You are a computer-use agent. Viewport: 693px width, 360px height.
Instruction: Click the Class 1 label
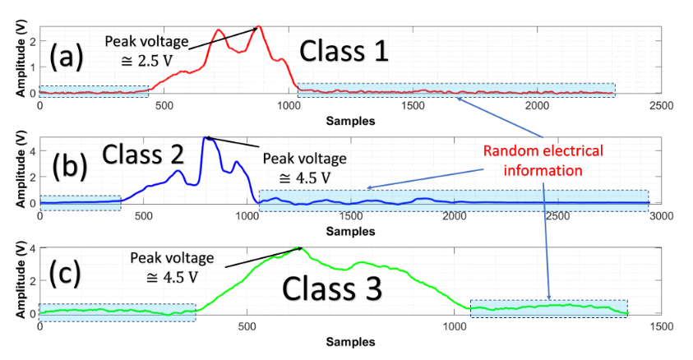(343, 53)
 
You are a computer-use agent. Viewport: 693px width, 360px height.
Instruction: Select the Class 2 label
(141, 154)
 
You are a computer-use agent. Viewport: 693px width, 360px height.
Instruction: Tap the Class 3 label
(331, 290)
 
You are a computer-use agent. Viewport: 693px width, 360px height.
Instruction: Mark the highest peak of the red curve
(259, 27)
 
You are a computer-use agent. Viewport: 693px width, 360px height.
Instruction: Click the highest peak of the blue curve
(206, 137)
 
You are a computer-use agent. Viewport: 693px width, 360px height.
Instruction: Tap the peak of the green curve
(300, 247)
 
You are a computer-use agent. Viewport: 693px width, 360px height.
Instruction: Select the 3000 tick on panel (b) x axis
(649, 216)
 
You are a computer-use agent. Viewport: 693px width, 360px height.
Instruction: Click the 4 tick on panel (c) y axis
(31, 248)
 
